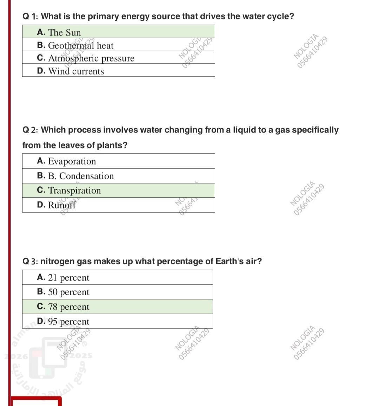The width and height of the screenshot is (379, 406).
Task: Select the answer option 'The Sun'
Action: [x=64, y=32]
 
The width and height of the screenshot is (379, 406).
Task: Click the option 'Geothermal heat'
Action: [x=80, y=45]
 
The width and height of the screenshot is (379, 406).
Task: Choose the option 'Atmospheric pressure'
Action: [x=91, y=58]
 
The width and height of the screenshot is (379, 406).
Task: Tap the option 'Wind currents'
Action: [x=76, y=71]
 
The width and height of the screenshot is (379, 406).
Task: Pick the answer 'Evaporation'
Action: [x=72, y=161]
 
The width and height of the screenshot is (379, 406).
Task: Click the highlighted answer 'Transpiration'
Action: [x=74, y=190]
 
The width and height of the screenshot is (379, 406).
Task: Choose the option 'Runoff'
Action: [x=62, y=205]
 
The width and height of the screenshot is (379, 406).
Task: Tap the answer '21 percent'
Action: [x=68, y=278]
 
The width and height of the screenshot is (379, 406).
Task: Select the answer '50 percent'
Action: [x=68, y=292]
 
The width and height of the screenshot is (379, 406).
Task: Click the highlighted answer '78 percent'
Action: [x=68, y=307]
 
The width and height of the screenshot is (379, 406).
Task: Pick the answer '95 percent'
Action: [x=68, y=322]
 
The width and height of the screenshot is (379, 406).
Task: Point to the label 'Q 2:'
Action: [x=31, y=130]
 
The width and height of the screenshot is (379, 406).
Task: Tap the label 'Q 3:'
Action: [x=31, y=262]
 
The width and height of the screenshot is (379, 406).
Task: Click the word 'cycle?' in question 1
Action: [x=281, y=17]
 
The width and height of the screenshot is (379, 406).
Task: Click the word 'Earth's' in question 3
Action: [x=228, y=262]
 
